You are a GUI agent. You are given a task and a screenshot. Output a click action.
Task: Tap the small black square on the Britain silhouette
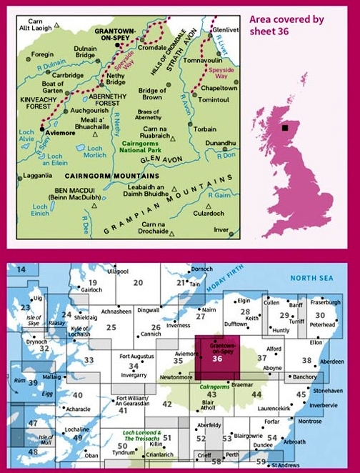(x=285, y=128)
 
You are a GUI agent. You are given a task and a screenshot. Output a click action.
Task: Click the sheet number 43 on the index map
(x=210, y=394)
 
